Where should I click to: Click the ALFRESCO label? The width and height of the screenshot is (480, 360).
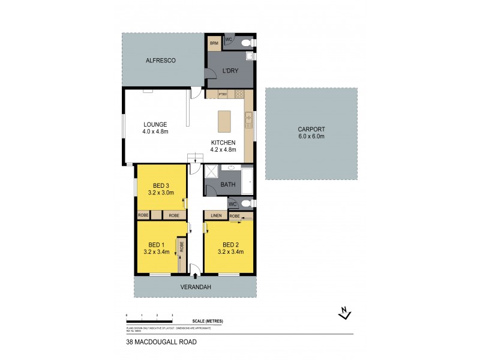[x=160, y=61]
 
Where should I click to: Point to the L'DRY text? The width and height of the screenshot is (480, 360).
[x=231, y=71]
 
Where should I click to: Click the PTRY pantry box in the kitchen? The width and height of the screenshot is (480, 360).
[x=222, y=94]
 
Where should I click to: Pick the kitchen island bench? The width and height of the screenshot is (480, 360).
[x=224, y=122]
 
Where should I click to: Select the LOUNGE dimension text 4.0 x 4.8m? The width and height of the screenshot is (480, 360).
[x=155, y=131]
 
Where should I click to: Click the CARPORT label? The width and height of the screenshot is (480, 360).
[x=311, y=129]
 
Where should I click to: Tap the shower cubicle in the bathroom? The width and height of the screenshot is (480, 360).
[x=212, y=173]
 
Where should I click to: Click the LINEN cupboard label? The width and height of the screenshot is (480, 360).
[x=216, y=215]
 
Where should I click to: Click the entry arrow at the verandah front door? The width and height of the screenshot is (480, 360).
[x=194, y=275]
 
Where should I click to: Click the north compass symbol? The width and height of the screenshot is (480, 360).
[x=344, y=312]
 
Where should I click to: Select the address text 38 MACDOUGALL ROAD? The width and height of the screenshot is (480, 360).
[x=161, y=342]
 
